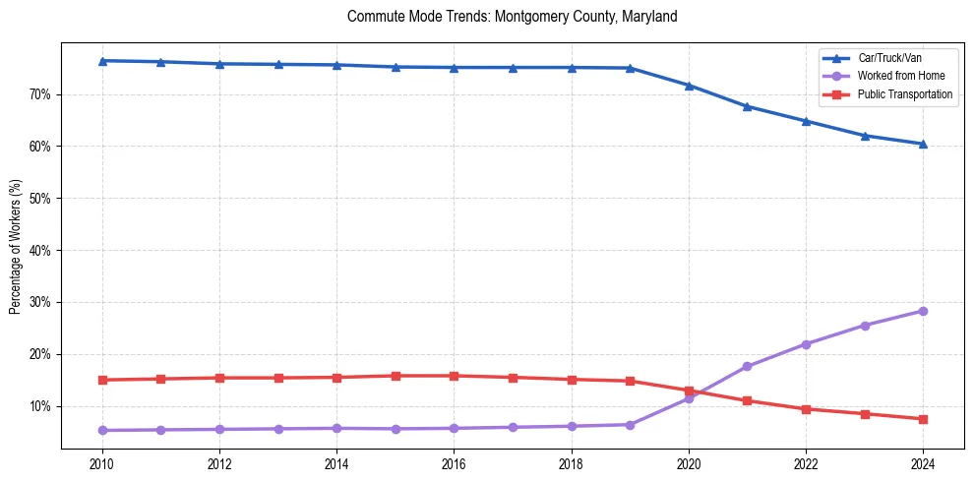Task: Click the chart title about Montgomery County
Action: pos(512,17)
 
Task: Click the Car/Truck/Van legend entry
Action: pos(889,58)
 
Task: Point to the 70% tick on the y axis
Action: pos(40,94)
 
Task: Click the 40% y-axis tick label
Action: pos(40,250)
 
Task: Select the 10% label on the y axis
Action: pos(40,406)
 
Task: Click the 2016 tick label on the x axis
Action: pos(454,462)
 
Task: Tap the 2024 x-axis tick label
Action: pos(923,462)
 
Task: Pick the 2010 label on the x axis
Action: pos(102,462)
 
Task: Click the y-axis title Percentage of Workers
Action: pos(16,246)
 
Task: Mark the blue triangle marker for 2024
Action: pos(923,144)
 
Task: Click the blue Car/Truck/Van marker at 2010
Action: pos(102,61)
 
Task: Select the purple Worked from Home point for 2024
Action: pos(923,311)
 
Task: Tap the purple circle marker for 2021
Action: pos(747,366)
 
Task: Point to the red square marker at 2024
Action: pos(923,419)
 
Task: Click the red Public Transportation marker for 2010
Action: pos(102,380)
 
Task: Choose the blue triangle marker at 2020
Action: pos(689,86)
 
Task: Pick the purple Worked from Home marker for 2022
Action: pos(806,344)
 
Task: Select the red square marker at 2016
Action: pos(454,376)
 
